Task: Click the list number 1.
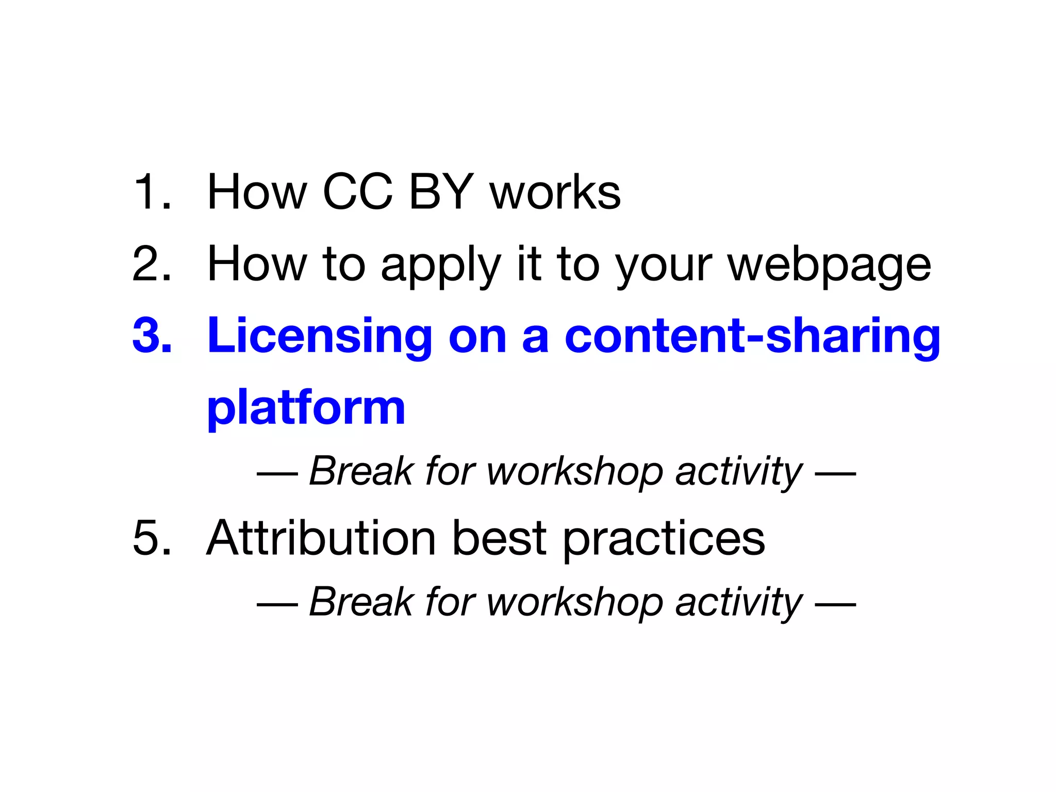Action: click(151, 192)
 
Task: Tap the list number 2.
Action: click(151, 264)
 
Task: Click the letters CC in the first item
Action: click(357, 192)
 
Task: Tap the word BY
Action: click(441, 192)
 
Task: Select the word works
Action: click(555, 192)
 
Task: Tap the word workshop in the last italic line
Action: click(575, 603)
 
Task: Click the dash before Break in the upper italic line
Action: click(277, 472)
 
